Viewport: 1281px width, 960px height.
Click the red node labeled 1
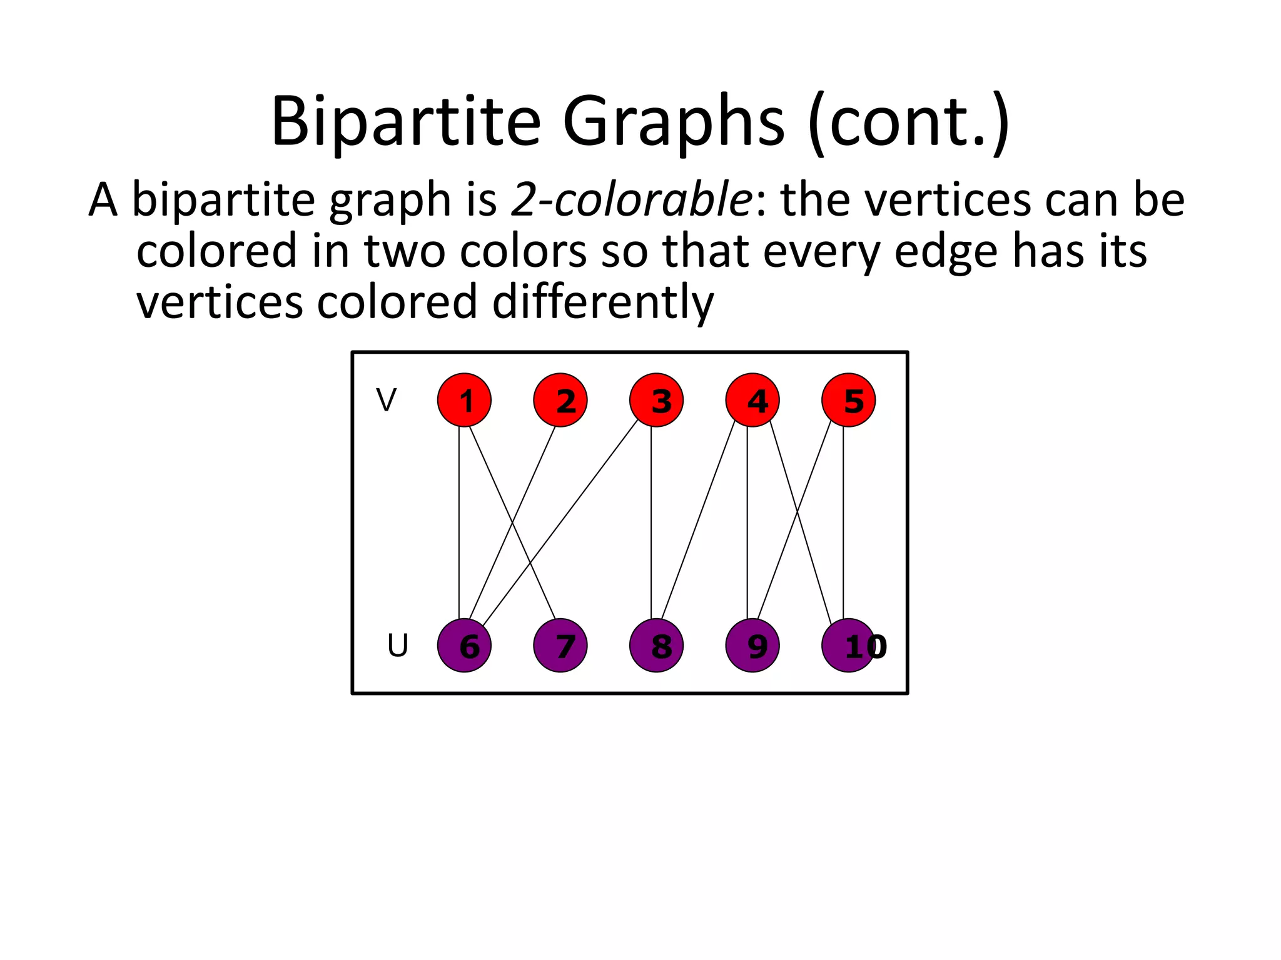464,400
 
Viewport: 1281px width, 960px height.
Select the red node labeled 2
560,400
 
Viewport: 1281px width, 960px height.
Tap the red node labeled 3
656,400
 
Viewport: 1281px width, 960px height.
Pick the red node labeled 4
752,400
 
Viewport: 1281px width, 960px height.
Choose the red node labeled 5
848,400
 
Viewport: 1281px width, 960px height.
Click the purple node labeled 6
464,646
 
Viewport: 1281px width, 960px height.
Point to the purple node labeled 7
560,646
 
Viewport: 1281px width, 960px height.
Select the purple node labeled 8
656,646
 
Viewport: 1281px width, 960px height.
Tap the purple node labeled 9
752,646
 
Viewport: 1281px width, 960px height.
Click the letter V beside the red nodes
386,400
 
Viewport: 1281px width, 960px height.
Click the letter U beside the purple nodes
397,646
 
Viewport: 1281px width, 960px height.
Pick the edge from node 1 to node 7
512,522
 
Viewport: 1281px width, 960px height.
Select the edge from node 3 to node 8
651,522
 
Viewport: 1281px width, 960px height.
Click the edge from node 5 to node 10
843,522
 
